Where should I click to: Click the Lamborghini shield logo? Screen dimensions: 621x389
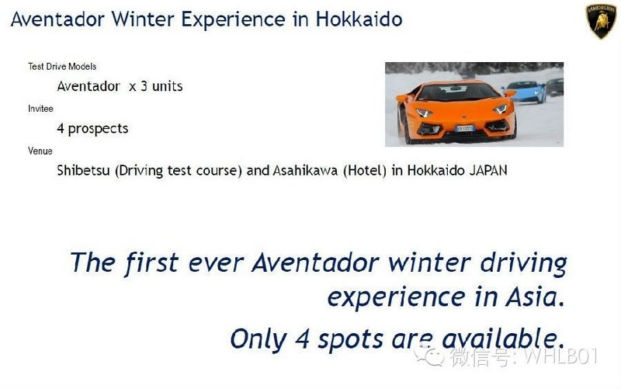(601, 22)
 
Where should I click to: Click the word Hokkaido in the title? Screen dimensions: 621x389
(359, 19)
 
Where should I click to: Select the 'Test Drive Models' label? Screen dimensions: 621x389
(62, 67)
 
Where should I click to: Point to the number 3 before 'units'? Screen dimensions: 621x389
(144, 86)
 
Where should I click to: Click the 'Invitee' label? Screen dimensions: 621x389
(40, 109)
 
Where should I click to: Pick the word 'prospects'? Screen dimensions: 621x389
(99, 129)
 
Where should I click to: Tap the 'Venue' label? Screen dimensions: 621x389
(40, 151)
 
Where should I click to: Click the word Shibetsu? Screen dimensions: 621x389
(83, 170)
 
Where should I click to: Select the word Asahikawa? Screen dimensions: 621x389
(305, 170)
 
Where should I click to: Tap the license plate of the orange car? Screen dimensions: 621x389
(464, 128)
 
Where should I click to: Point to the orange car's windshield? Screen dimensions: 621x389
(458, 91)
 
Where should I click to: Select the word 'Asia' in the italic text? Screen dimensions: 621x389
(535, 297)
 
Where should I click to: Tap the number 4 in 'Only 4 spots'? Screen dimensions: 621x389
(302, 339)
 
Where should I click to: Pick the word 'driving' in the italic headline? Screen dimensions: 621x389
(523, 263)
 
